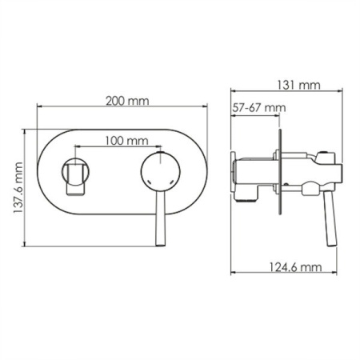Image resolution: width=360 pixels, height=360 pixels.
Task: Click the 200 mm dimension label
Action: (x=127, y=101)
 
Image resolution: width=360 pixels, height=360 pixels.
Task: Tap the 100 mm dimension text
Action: (x=126, y=141)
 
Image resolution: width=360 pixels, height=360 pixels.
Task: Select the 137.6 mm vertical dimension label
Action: (x=18, y=187)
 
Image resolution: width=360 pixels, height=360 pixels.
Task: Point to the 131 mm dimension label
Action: (x=298, y=86)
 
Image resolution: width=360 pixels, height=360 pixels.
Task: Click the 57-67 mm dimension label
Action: (x=259, y=108)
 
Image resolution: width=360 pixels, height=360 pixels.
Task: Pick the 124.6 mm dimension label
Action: (x=295, y=267)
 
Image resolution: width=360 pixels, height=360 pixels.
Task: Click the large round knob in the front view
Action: (x=160, y=172)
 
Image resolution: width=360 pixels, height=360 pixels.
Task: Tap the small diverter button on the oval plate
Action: (x=75, y=177)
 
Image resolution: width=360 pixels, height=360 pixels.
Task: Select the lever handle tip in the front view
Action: (x=160, y=243)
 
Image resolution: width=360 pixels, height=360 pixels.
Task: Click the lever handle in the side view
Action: (x=330, y=218)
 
